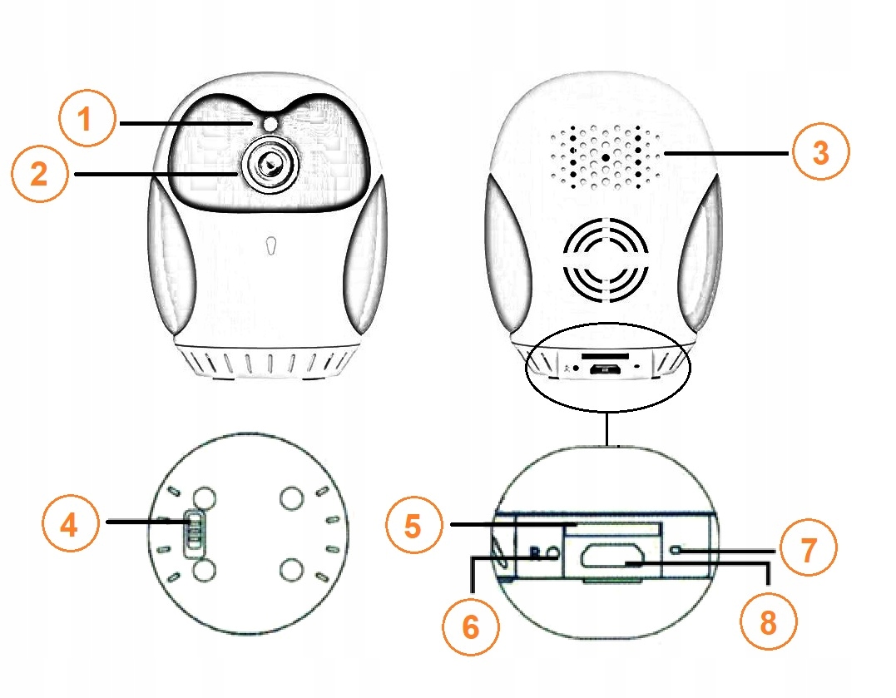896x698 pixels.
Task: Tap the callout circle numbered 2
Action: point(38,173)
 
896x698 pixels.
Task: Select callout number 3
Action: point(820,152)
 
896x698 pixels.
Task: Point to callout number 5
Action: point(413,525)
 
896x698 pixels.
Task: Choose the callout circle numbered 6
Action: point(471,626)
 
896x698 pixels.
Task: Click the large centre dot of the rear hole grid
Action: point(606,156)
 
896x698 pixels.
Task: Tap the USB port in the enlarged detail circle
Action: point(611,557)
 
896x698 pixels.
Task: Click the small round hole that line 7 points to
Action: point(680,549)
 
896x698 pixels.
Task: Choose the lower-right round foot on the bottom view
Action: point(291,571)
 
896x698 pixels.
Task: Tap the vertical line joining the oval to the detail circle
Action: point(609,428)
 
